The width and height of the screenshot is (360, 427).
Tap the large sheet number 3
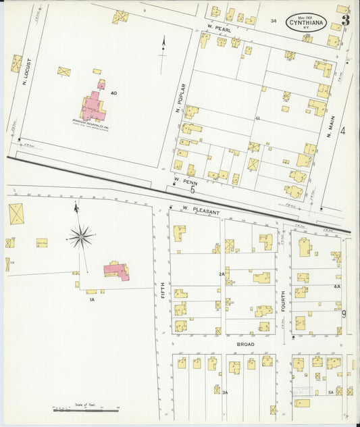345,20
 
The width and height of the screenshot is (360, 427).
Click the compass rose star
80,236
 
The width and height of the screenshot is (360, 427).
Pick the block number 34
274,21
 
